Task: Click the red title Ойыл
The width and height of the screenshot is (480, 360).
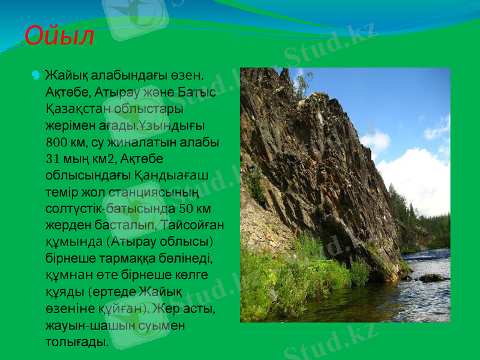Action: pos(59,36)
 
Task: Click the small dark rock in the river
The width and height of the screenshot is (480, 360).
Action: pos(431,278)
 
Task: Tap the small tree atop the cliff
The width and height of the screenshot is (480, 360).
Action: pos(302,84)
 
